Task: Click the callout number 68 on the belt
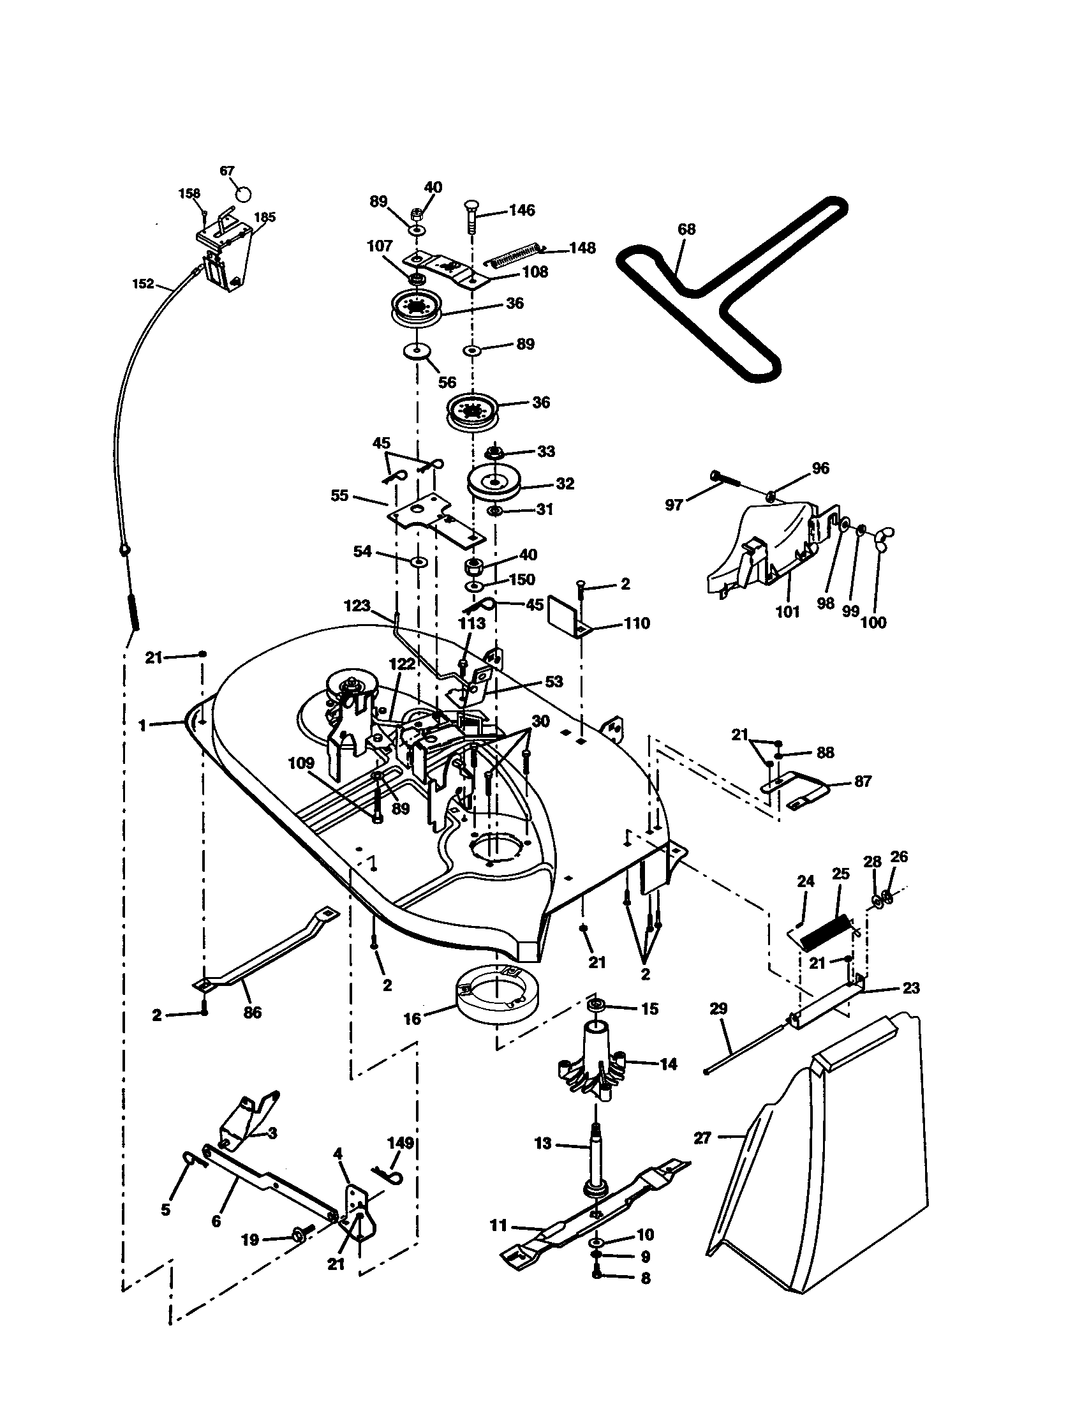(686, 230)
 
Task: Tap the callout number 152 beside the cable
(144, 283)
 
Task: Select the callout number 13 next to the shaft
(543, 1144)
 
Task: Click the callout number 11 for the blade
(499, 1226)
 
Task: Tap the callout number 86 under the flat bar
(253, 1013)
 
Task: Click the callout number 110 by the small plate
(636, 623)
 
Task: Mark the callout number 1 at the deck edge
(143, 725)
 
